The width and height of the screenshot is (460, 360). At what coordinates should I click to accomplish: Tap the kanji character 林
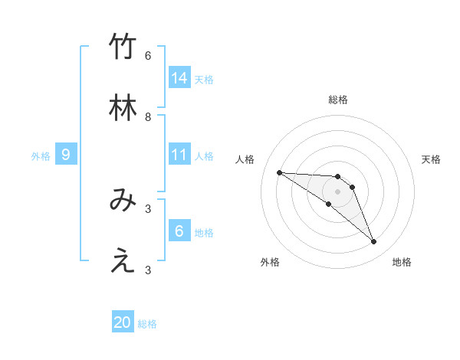(x=123, y=109)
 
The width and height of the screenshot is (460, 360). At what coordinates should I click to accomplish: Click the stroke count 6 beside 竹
(x=148, y=56)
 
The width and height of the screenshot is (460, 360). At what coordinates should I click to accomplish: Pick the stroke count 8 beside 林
(x=148, y=117)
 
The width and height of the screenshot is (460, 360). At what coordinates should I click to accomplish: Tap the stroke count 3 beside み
(x=148, y=208)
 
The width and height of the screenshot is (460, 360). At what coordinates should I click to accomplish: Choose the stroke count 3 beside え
(x=148, y=270)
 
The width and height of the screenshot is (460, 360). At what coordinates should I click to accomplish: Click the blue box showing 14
(x=179, y=78)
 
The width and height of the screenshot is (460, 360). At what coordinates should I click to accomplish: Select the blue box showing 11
(x=179, y=155)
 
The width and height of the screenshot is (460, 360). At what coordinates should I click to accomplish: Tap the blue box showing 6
(x=179, y=231)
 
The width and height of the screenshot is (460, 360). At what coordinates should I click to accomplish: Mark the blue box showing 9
(x=66, y=155)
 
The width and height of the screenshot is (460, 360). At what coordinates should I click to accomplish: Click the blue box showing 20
(x=123, y=322)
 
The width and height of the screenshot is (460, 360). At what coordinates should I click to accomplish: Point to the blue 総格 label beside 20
(x=147, y=324)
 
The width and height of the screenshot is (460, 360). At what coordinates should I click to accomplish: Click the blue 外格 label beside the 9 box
(x=41, y=156)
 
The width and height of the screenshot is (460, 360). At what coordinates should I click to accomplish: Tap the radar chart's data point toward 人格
(x=279, y=172)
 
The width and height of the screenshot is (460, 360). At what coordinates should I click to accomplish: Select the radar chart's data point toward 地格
(x=374, y=242)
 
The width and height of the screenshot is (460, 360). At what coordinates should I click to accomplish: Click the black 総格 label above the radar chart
(x=338, y=100)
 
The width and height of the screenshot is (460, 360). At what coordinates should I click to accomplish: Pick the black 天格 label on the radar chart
(x=431, y=159)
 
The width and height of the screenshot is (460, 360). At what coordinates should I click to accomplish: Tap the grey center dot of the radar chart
(x=338, y=191)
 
